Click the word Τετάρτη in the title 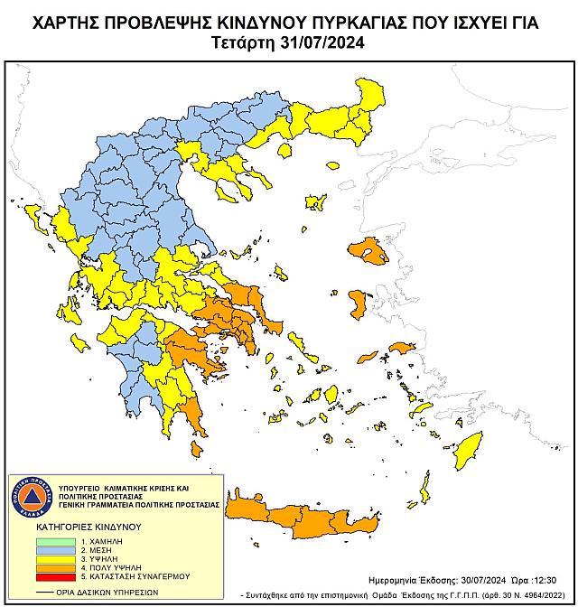click(x=243, y=42)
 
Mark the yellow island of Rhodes click(x=469, y=448)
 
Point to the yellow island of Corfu click(x=37, y=217)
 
